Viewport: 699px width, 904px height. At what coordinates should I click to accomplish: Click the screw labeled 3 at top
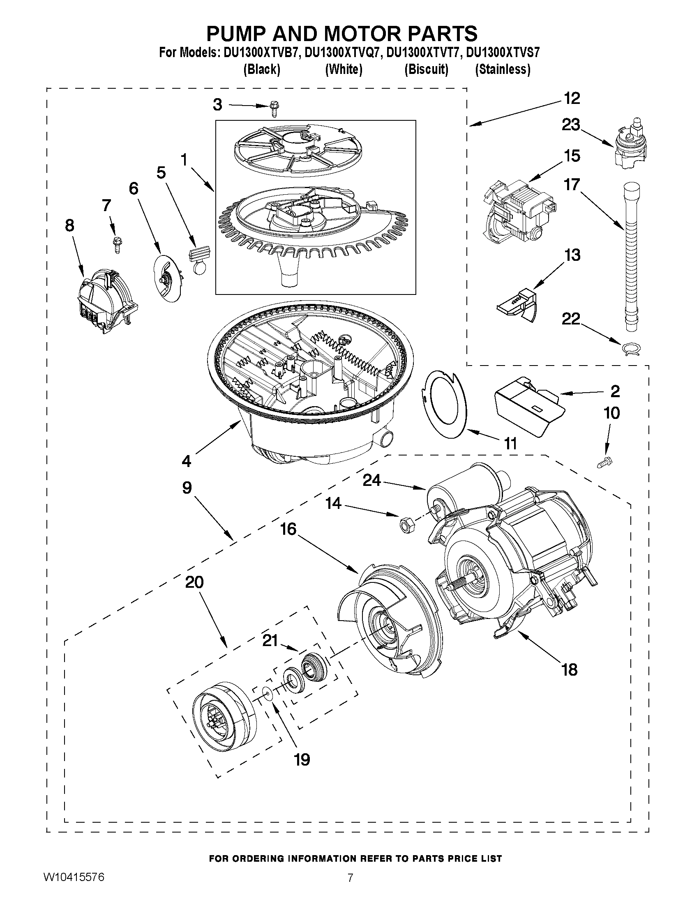273,108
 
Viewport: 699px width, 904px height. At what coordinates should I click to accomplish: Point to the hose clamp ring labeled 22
631,349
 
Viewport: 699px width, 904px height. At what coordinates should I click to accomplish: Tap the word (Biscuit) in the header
426,69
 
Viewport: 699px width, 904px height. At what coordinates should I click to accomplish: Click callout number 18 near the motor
570,669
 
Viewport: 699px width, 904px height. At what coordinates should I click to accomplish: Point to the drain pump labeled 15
519,212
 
